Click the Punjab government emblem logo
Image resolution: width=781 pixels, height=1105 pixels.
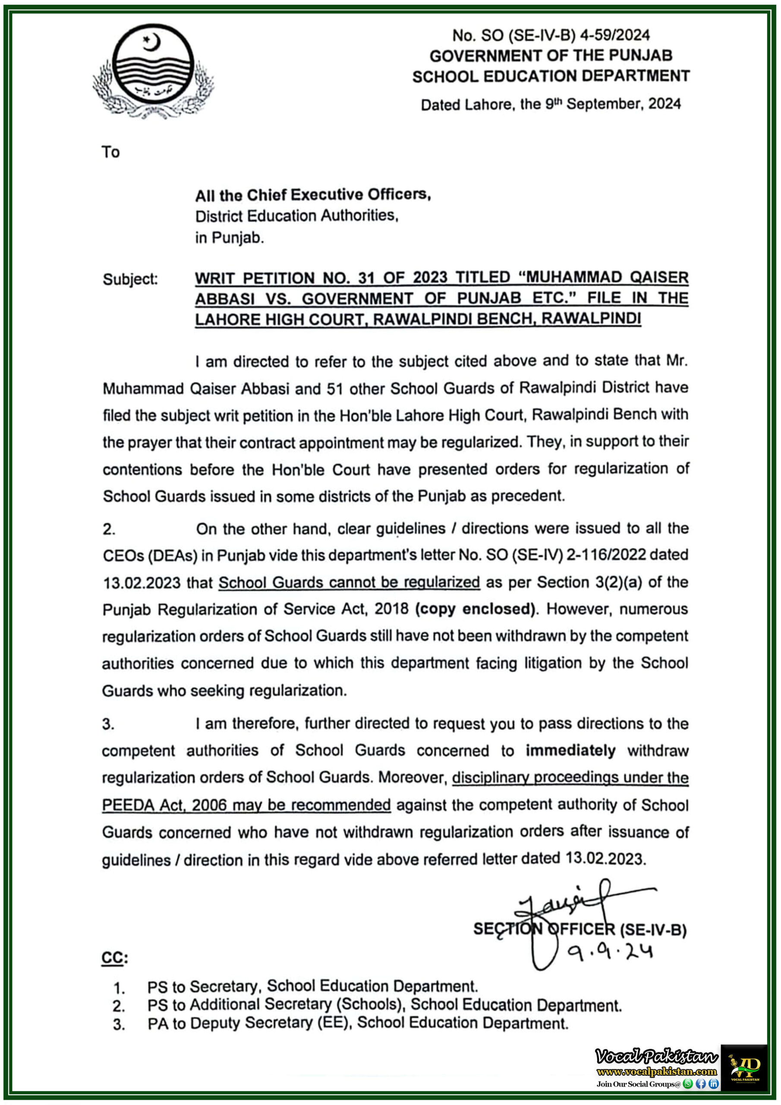point(153,71)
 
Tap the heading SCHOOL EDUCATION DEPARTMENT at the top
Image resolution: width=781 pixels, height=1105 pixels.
point(551,76)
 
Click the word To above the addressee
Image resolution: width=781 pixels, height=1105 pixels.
point(111,152)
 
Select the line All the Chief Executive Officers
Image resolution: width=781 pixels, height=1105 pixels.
point(313,195)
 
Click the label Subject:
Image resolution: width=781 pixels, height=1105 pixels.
point(130,279)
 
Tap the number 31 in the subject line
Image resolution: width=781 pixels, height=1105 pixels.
point(367,278)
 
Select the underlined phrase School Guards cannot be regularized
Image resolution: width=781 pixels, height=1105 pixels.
point(349,582)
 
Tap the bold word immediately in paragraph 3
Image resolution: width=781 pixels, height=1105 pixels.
point(570,751)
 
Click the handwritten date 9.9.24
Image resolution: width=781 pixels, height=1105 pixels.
point(610,952)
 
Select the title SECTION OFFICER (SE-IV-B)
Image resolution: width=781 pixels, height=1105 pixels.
point(580,929)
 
